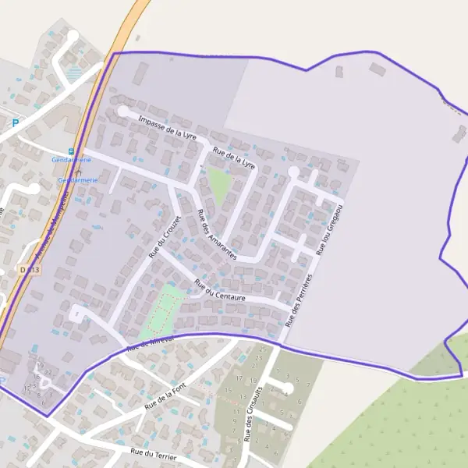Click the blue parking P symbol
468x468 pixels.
pyautogui.click(x=14, y=122)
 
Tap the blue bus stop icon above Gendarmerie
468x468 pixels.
pyautogui.click(x=71, y=151)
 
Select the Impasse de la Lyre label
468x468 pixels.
pyautogui.click(x=166, y=127)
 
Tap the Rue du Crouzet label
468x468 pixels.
pyautogui.click(x=165, y=237)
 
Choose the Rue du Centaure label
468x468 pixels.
pyautogui.click(x=219, y=290)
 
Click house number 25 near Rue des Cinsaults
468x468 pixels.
pyautogui.click(x=262, y=349)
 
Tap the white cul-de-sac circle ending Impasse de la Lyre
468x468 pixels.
pyautogui.click(x=123, y=112)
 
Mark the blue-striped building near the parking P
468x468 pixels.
pyautogui.click(x=74, y=74)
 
